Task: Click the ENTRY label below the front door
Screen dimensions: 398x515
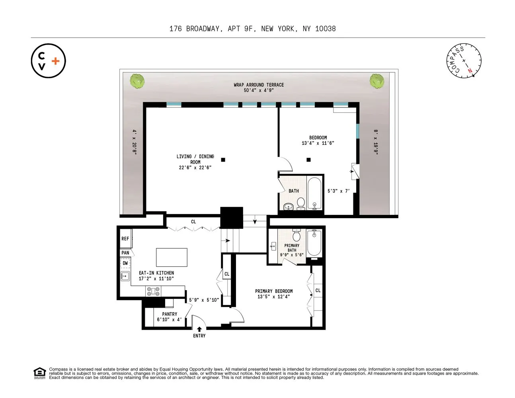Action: (199, 336)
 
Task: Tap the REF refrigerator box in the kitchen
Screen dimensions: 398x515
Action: (125, 239)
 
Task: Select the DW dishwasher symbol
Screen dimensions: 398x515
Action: (125, 263)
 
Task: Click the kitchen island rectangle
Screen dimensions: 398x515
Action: (172, 257)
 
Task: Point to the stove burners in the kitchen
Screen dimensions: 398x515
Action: (153, 292)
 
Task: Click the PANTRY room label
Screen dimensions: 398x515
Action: (170, 314)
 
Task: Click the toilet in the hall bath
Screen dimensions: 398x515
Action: (301, 203)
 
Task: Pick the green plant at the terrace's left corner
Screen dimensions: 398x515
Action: (137, 81)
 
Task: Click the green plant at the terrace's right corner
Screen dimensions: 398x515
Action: (376, 81)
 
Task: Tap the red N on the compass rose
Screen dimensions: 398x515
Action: (470, 71)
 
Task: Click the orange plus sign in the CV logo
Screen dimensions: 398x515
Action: (56, 61)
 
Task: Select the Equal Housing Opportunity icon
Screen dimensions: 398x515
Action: (39, 373)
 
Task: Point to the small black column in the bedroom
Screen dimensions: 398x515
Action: (308, 160)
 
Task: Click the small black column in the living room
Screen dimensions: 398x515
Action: (223, 160)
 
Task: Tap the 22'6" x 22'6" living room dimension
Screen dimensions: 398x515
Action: (195, 168)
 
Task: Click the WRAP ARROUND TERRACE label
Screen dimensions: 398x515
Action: (259, 85)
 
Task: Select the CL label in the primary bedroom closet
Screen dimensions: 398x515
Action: (318, 291)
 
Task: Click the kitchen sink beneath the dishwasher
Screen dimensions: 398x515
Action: (124, 275)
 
